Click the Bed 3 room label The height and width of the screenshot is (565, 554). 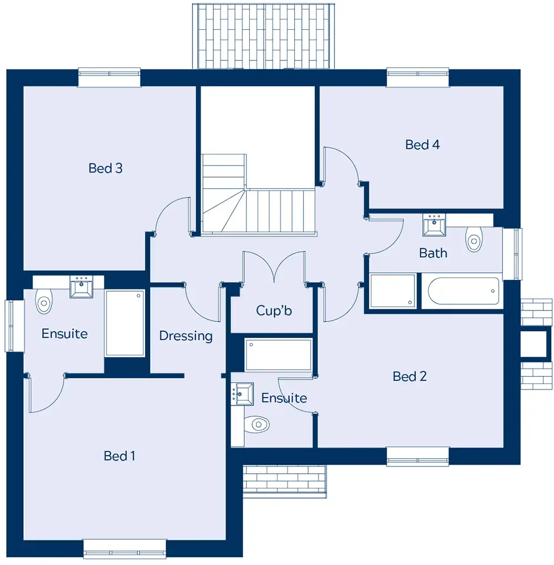click(105, 168)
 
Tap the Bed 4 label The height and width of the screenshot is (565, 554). click(422, 144)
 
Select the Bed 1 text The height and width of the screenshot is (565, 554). click(119, 456)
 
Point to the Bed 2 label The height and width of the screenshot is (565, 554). click(410, 376)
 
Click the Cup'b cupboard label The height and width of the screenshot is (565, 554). click(274, 310)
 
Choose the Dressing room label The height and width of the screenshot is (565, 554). click(186, 336)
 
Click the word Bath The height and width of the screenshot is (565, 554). click(433, 253)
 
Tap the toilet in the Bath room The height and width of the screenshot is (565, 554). click(474, 239)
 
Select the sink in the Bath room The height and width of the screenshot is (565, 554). click(434, 225)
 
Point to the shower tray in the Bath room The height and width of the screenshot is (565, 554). click(393, 291)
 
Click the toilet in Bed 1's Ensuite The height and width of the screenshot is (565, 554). click(44, 301)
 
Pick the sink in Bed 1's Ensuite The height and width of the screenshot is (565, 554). click(81, 287)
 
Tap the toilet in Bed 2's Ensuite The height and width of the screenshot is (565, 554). click(257, 424)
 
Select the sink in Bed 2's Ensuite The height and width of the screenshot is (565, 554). click(242, 394)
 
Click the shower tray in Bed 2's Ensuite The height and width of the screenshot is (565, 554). click(278, 355)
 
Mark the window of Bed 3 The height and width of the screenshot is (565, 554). click(109, 77)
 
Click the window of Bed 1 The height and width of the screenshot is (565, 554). click(125, 549)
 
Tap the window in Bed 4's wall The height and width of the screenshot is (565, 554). click(418, 77)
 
